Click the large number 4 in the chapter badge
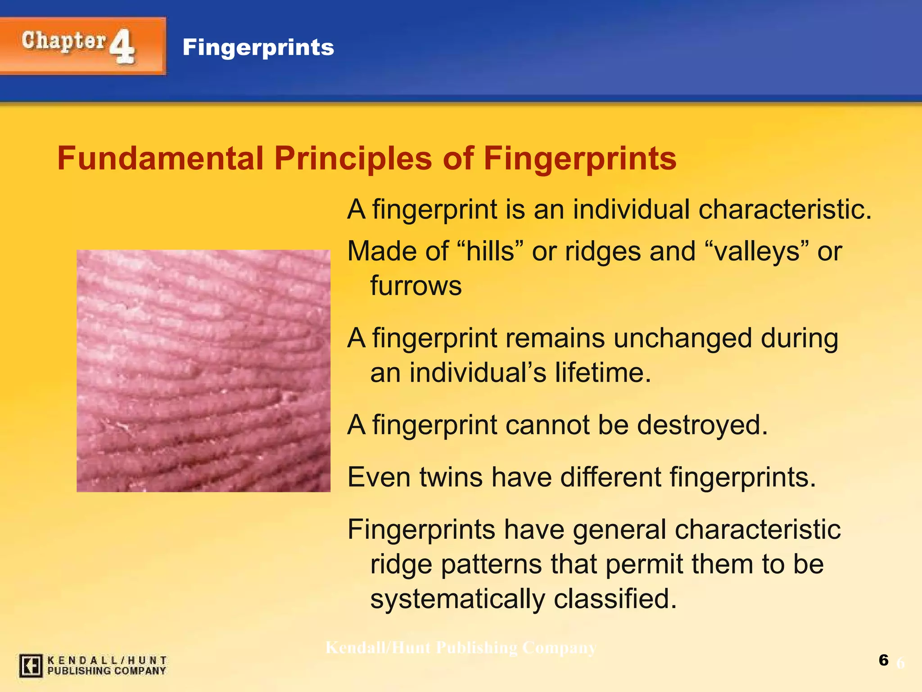(x=122, y=47)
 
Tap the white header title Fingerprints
(x=258, y=47)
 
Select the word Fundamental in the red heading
(x=160, y=159)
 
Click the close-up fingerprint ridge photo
(x=203, y=371)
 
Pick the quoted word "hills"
(x=490, y=251)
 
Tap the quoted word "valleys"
(x=755, y=251)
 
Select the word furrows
(x=416, y=286)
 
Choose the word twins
(x=451, y=477)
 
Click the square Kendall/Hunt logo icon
(x=31, y=666)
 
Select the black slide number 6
(x=883, y=660)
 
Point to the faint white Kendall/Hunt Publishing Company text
(x=461, y=648)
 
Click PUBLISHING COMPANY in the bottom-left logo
(x=107, y=671)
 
